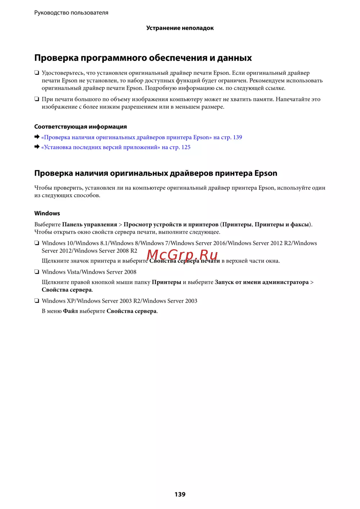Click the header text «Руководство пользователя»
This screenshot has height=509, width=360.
(x=71, y=13)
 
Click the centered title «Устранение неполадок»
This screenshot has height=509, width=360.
(x=180, y=28)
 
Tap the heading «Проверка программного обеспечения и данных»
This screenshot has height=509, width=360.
(x=143, y=58)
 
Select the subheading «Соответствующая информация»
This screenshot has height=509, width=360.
(x=80, y=127)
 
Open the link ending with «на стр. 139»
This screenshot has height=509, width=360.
(x=141, y=137)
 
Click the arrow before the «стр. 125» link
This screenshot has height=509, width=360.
(x=37, y=147)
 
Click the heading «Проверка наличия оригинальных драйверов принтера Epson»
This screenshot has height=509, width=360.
(x=156, y=173)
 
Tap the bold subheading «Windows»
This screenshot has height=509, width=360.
(x=47, y=213)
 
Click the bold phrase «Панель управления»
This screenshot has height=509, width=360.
(x=90, y=224)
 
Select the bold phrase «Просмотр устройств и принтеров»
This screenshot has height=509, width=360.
(x=171, y=224)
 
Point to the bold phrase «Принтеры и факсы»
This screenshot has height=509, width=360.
(x=282, y=224)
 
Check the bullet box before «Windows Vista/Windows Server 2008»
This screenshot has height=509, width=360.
(x=37, y=272)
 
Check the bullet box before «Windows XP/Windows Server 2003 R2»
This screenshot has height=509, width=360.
(x=37, y=301)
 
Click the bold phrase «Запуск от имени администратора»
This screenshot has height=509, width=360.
(x=262, y=282)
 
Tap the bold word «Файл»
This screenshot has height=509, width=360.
(x=71, y=311)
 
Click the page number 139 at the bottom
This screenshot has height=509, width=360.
(x=180, y=494)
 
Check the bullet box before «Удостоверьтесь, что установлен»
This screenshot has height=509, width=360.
(x=37, y=73)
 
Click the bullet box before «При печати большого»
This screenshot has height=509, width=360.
(x=37, y=99)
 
